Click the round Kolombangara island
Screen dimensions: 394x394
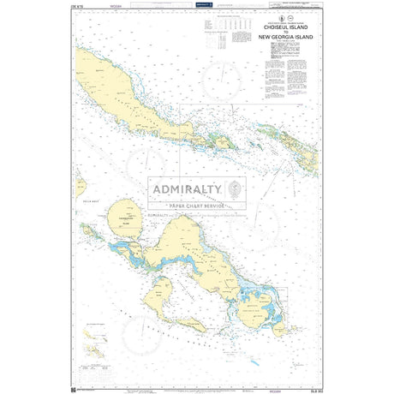128,217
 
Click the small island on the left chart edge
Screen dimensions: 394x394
80,186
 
